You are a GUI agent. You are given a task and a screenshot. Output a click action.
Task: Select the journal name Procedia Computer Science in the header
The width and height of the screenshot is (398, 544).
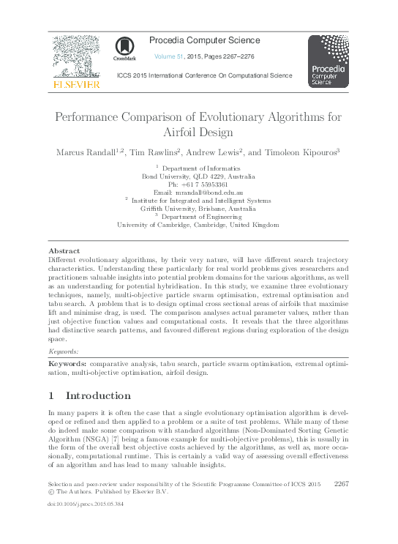click(204, 40)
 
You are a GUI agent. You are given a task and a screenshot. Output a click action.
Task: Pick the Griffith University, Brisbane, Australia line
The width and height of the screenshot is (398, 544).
click(198, 209)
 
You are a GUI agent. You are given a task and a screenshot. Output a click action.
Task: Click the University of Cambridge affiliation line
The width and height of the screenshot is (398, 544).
click(198, 225)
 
